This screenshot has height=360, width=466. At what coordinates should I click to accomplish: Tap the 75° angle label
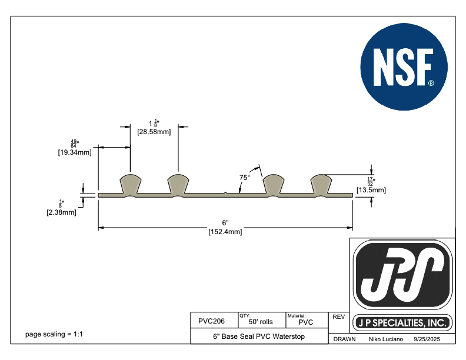pos(245,177)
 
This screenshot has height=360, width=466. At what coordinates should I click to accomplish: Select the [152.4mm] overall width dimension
pos(225,232)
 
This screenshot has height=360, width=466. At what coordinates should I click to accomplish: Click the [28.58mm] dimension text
pos(154,132)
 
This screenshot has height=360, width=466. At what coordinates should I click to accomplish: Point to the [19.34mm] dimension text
pos(74,153)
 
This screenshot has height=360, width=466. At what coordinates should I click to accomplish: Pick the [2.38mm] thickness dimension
pos(61,212)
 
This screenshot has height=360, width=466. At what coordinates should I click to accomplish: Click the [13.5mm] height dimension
pos(371,190)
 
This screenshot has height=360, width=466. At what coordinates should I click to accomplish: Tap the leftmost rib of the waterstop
pos(130,184)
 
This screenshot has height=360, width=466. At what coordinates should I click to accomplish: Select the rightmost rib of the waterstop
pos(321,184)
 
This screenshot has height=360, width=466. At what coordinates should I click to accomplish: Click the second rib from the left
pos(178,184)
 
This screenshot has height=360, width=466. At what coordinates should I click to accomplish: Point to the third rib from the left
pos(274,184)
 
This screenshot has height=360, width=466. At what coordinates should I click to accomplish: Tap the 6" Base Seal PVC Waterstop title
pos(258,337)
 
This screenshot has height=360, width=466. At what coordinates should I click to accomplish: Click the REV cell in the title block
pos(338,317)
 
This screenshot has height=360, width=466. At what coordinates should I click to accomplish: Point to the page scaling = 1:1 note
pos(54,334)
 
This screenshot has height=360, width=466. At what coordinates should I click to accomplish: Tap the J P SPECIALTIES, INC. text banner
pos(403,323)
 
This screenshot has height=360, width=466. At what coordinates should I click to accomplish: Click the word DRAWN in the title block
pos(344,340)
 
